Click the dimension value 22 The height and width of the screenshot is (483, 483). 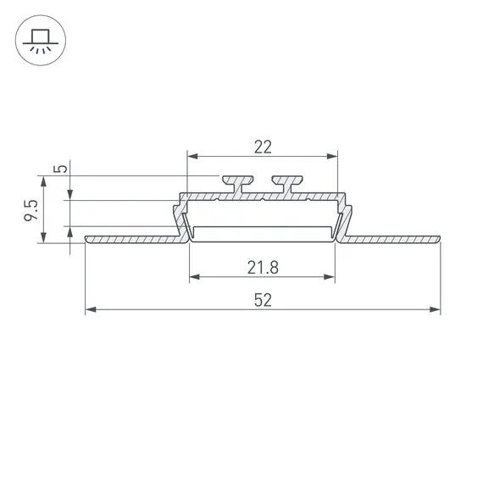[263, 147]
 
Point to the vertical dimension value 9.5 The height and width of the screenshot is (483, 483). [31, 210]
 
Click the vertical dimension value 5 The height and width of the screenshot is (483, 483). [59, 169]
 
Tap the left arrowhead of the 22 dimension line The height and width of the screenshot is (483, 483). [191, 157]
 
